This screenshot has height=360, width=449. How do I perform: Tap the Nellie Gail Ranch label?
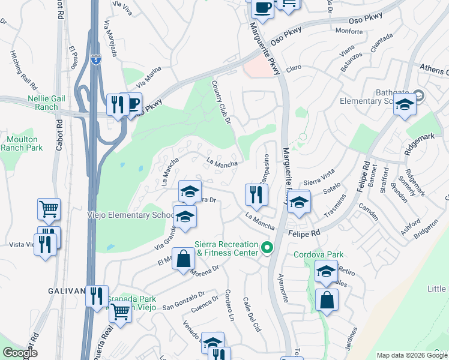tap(34, 103)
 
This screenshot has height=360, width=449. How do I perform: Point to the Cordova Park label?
tap(318, 254)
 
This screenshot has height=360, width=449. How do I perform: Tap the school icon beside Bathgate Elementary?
tap(405, 106)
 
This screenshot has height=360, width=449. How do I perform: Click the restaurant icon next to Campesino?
tap(256, 194)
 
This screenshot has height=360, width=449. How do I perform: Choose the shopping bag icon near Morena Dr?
tap(184, 259)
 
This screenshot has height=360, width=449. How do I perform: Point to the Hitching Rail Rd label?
tap(23, 68)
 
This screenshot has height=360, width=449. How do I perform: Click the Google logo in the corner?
tap(19, 353)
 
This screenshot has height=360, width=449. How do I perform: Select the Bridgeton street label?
tap(426, 227)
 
